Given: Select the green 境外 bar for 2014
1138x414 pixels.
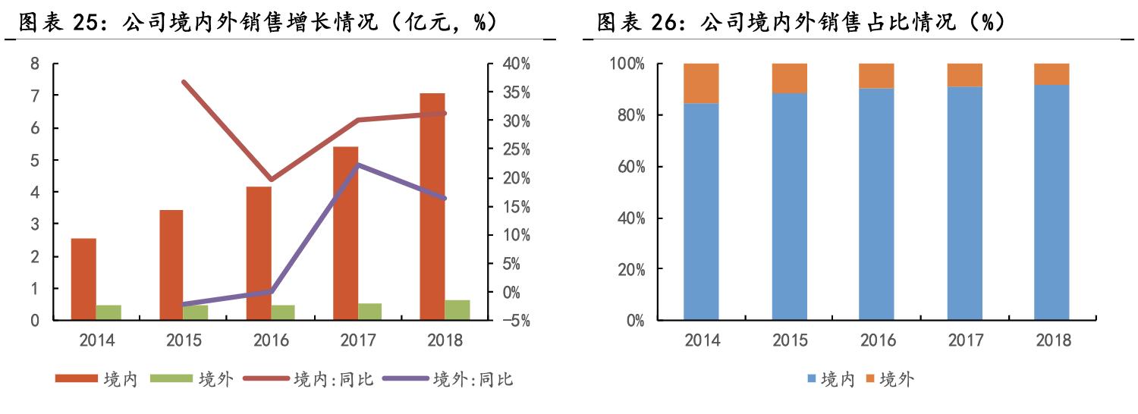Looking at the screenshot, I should [108, 312].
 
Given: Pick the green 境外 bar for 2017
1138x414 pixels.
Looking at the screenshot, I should [369, 312].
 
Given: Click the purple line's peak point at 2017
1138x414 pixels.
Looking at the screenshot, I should [358, 165].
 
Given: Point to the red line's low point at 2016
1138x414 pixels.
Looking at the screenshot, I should [271, 180].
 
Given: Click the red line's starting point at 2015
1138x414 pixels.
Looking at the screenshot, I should [184, 82].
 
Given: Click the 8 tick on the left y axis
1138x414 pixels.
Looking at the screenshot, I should [35, 64].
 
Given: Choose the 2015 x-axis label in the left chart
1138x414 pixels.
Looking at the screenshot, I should [184, 340].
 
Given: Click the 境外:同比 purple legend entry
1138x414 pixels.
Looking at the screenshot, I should [448, 379].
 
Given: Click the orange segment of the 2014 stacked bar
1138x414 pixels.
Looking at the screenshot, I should [701, 83].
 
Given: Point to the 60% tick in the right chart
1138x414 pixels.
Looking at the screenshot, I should [627, 167].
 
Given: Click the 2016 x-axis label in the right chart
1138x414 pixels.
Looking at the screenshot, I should [876, 340].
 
